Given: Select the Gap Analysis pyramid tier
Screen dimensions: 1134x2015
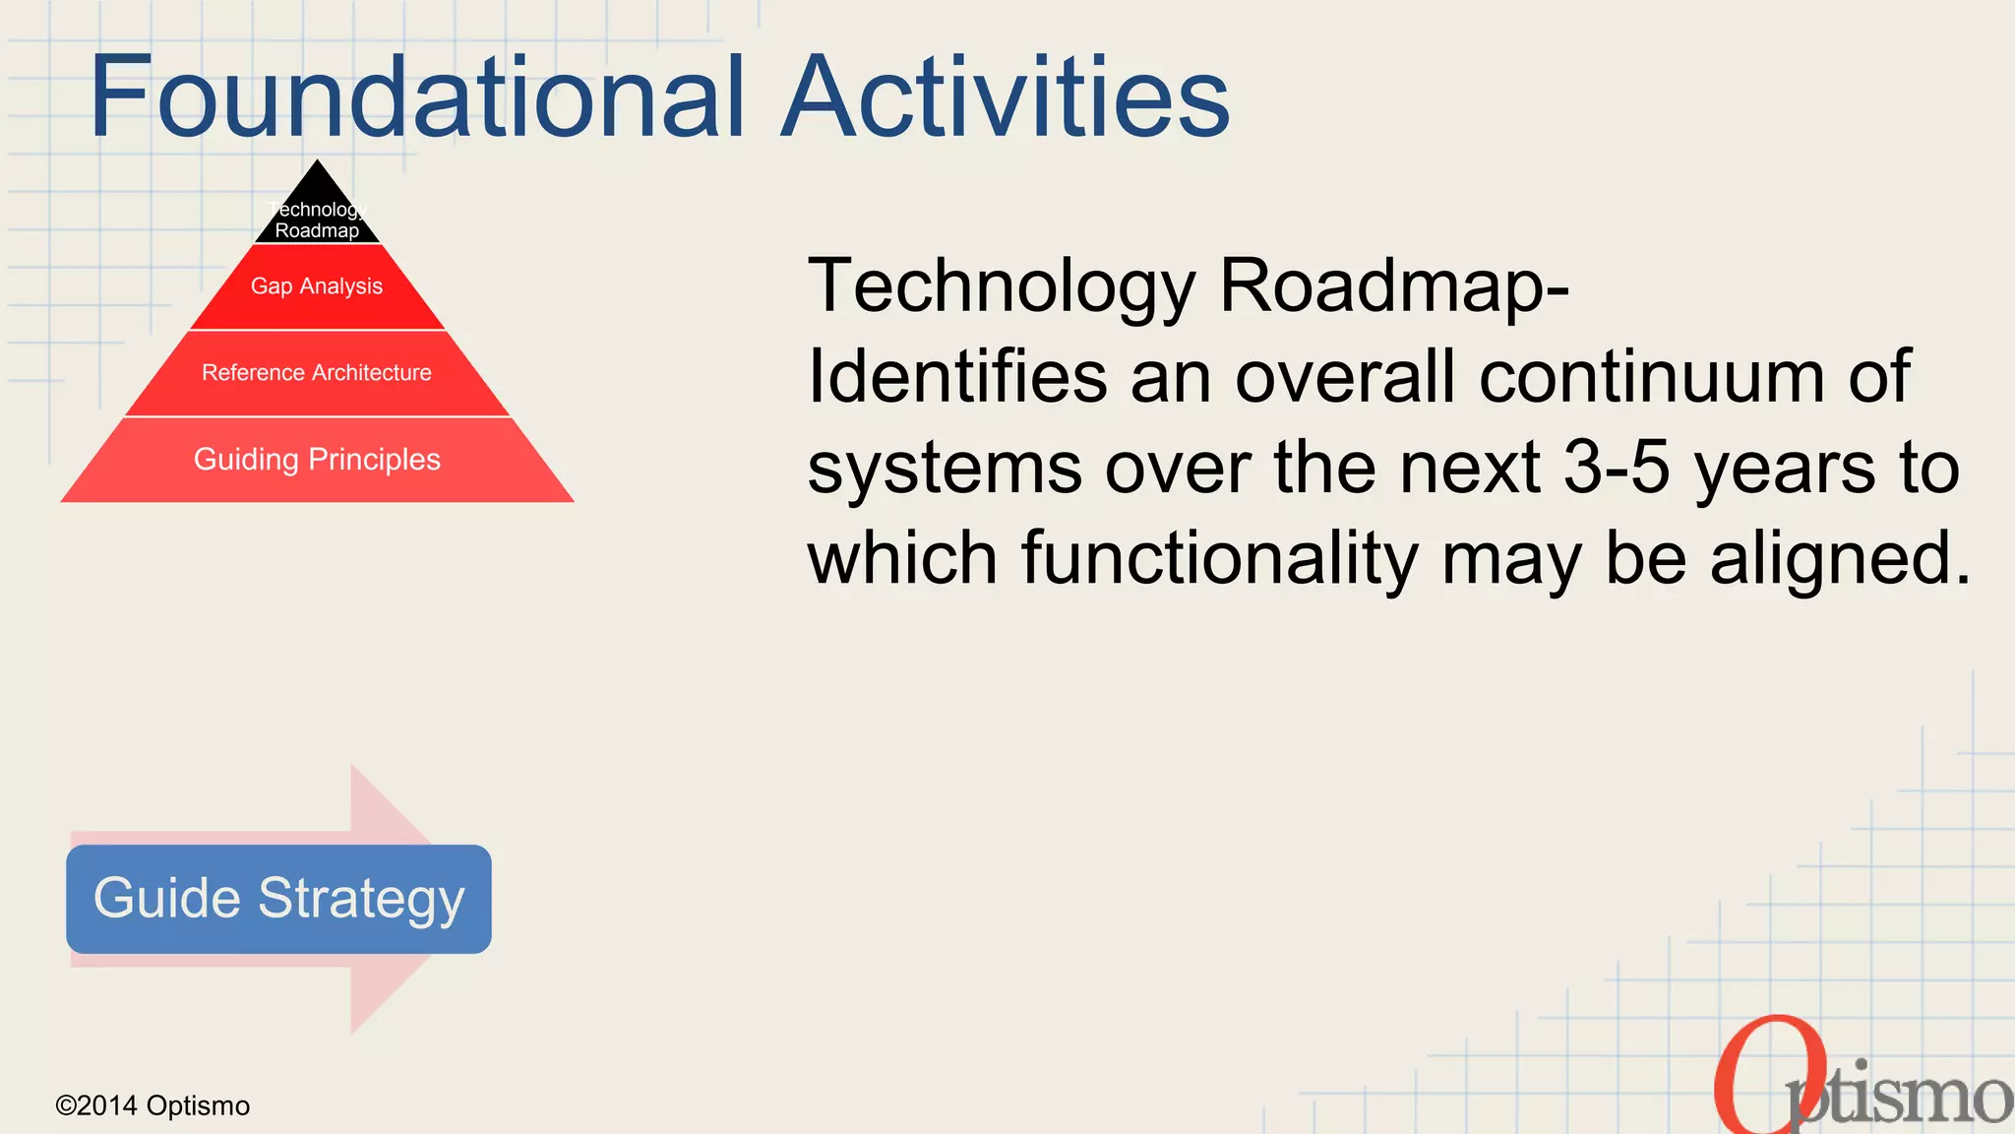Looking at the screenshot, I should (x=317, y=286).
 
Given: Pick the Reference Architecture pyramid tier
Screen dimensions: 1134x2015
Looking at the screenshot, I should (x=317, y=373).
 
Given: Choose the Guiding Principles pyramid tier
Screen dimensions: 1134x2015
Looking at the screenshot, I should (x=317, y=460).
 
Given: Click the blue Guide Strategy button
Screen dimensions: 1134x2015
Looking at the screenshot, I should (x=278, y=899).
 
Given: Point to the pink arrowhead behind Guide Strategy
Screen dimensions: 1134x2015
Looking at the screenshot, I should (x=394, y=994).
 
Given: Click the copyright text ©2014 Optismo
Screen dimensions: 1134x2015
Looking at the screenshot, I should (x=153, y=1105).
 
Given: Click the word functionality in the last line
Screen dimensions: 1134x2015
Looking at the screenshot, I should (x=1219, y=559).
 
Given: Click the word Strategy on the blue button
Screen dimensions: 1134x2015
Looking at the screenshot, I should (x=361, y=899).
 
